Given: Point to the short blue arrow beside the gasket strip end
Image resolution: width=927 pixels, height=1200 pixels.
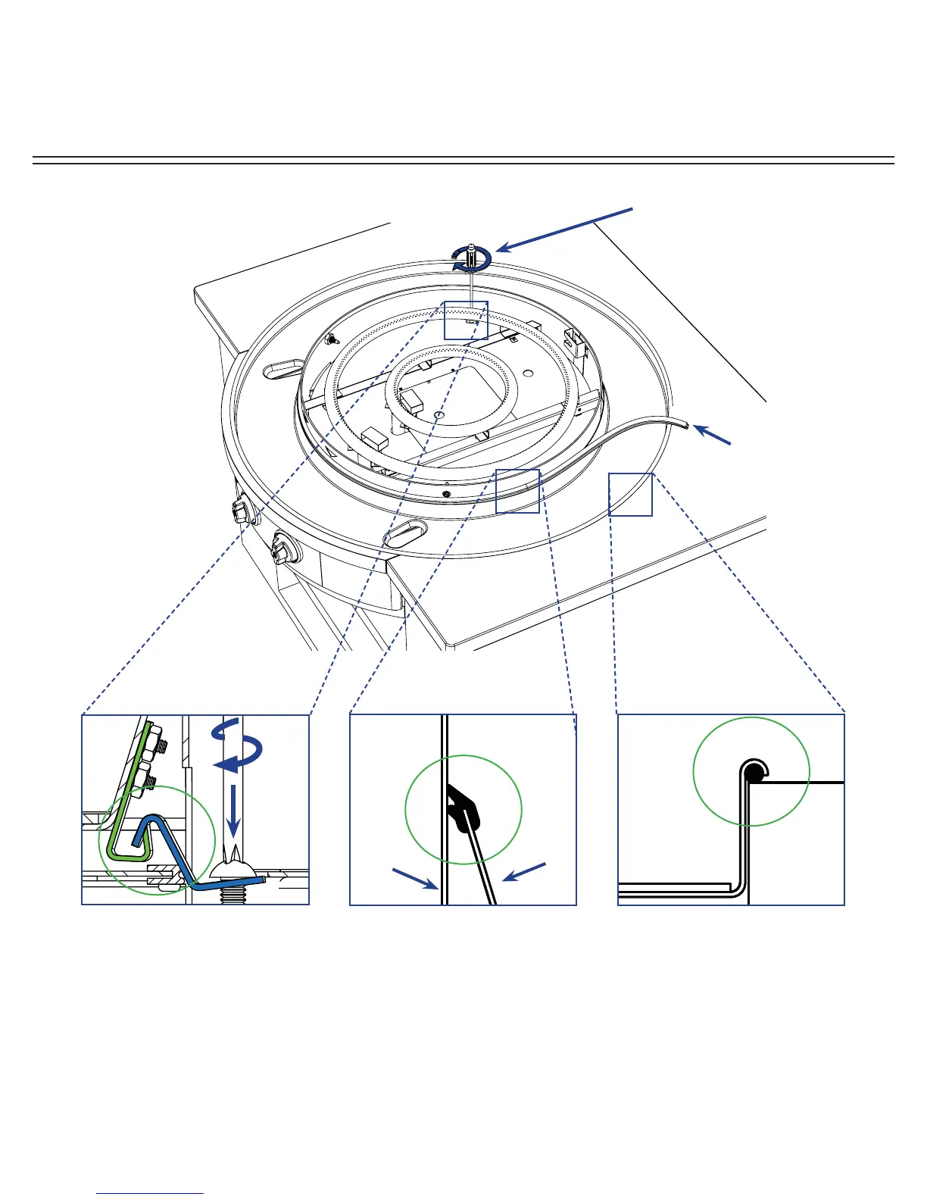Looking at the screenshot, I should (x=713, y=435).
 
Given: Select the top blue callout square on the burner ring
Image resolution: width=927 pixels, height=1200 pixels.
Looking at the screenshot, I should (x=466, y=320).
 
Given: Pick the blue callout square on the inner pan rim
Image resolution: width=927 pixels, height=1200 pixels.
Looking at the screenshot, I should (x=517, y=491).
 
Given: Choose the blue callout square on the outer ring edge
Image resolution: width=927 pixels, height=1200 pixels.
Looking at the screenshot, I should (x=630, y=494).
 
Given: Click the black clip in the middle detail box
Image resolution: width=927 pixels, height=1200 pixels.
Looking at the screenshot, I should (x=463, y=809).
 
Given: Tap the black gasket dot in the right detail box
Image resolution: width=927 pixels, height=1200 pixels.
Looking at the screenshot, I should (x=754, y=773).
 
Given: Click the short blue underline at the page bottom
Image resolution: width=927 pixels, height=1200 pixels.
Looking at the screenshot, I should (x=150, y=1193).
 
